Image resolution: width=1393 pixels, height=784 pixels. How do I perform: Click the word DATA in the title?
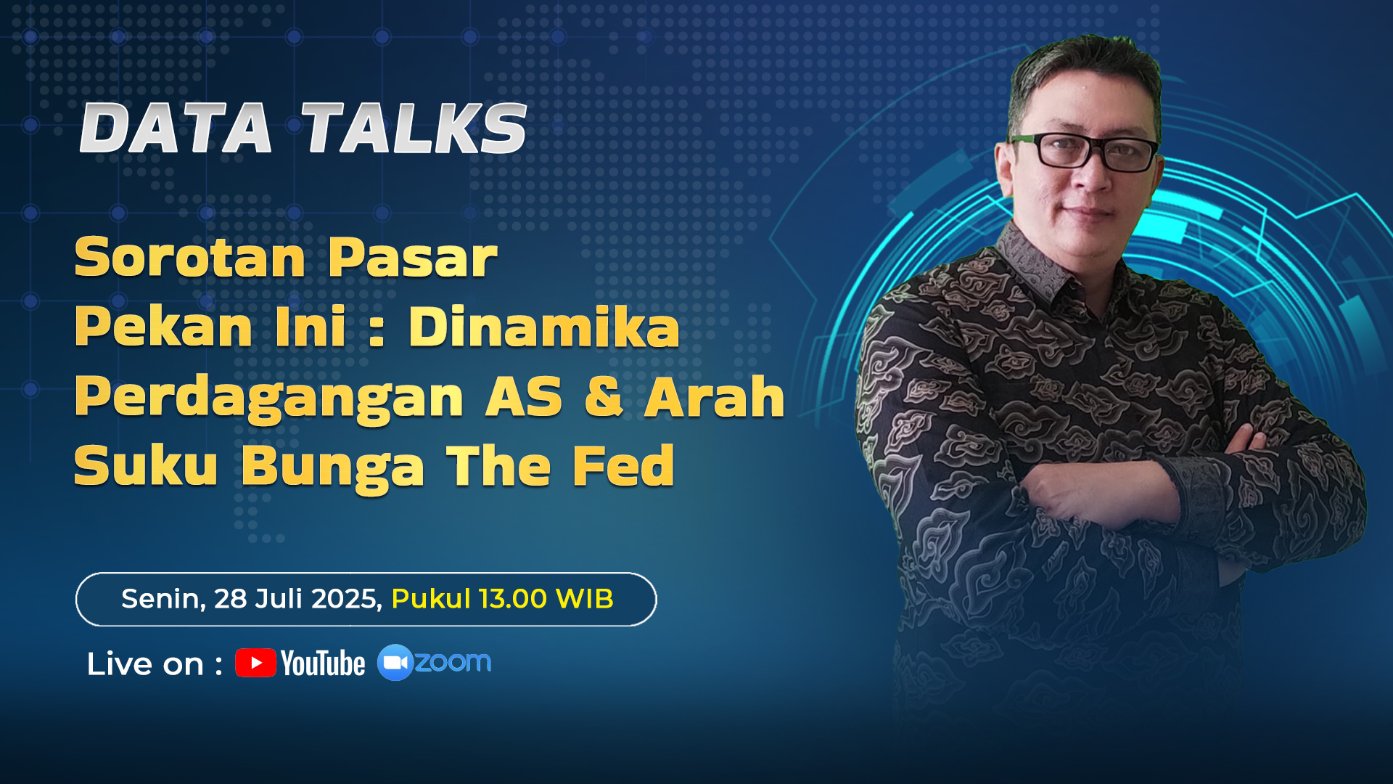176,128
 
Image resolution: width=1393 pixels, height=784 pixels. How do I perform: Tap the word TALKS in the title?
414,128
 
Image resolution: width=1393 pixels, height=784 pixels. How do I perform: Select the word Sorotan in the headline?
190,257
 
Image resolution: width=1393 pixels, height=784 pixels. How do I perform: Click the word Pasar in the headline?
412,257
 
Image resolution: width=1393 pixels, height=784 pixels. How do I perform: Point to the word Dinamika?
544,327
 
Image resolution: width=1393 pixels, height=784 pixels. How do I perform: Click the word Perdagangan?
268,398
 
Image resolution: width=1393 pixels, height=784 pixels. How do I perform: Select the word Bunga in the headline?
333,467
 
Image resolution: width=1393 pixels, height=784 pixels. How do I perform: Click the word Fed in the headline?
624,465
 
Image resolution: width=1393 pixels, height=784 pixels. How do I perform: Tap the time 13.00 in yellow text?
513,599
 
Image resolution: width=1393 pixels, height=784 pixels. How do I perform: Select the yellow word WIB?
585,599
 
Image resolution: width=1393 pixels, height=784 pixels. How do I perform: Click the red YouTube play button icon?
255,663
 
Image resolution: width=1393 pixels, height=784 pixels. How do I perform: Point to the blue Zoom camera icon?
395,662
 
